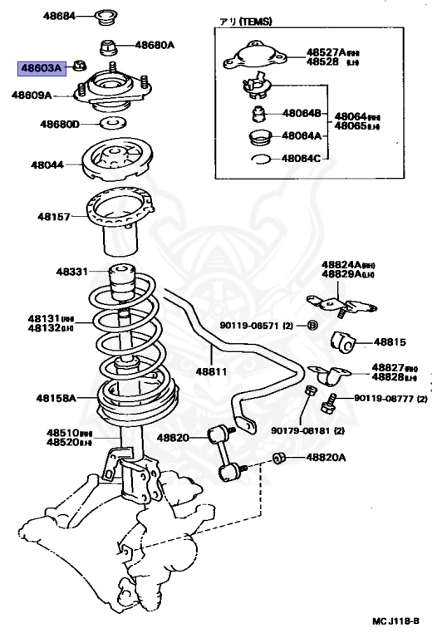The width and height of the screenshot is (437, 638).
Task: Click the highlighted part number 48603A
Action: (x=41, y=67)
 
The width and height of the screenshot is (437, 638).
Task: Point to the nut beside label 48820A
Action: (x=280, y=458)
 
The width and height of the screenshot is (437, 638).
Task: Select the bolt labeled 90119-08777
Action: (x=326, y=404)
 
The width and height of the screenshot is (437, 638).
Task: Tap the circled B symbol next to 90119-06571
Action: (x=312, y=324)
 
